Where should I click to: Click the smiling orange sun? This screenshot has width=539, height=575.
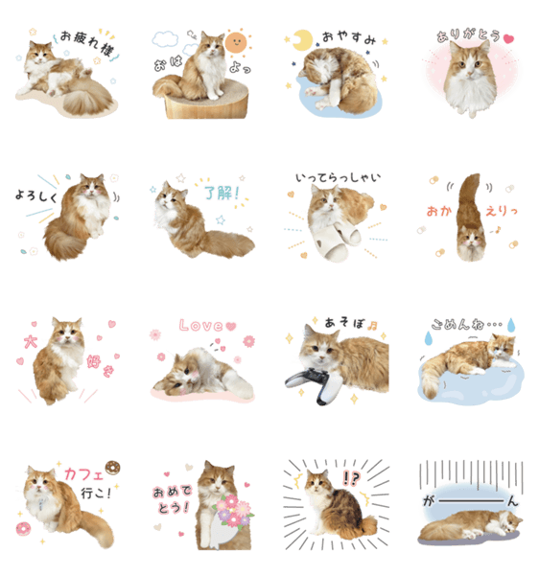coord(236,42)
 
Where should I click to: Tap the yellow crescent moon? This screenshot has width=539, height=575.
coord(302,40)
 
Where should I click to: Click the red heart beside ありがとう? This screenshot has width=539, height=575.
coord(508,39)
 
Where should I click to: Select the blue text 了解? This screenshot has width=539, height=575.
coord(222,193)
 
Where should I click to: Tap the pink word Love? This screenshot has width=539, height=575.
coord(201,326)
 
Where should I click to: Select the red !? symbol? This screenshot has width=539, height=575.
coord(351,478)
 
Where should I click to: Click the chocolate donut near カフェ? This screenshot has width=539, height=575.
coord(112,468)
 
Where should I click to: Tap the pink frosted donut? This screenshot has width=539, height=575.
coord(23,528)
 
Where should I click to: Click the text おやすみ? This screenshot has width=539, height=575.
coord(349,37)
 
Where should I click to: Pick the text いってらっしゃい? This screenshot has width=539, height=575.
coord(338,178)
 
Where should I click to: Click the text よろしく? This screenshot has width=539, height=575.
coord(36,195)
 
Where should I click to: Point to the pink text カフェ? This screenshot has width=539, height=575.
coord(84,474)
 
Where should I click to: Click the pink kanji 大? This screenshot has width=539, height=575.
coord(31,342)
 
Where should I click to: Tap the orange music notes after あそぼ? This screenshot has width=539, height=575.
coord(373,325)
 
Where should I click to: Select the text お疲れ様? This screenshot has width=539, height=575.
coord(87,43)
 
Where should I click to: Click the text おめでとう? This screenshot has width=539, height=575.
coord(172,498)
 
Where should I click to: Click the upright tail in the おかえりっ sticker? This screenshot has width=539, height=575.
coord(469,200)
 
